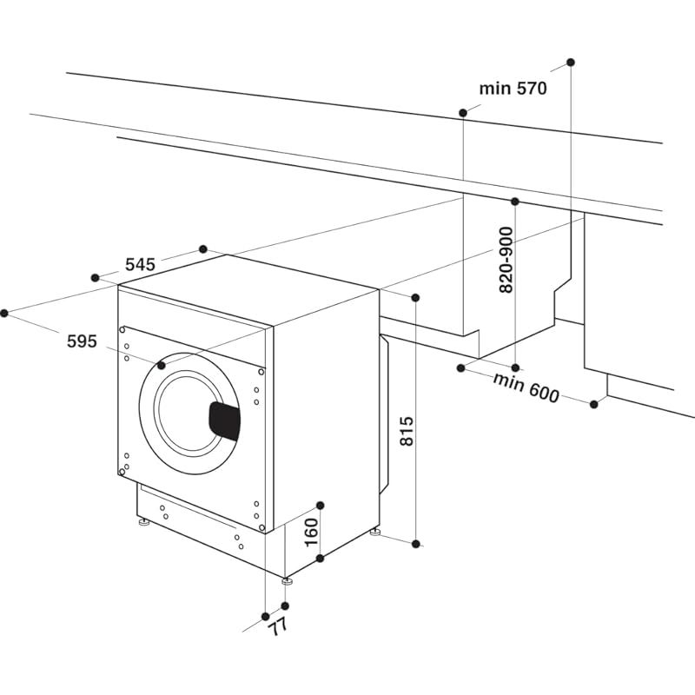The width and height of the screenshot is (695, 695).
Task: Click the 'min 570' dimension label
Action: [x=513, y=88]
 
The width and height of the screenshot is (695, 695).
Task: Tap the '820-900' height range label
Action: [x=506, y=260]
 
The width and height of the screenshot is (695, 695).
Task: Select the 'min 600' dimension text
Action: [x=526, y=388]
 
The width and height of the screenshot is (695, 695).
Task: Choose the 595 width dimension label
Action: [x=82, y=341]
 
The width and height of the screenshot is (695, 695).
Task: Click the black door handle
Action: [x=224, y=421]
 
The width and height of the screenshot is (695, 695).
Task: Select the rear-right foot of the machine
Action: [x=375, y=532]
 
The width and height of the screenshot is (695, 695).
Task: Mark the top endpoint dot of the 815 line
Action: [x=415, y=298]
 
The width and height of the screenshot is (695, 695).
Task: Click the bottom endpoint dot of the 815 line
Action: [x=416, y=544]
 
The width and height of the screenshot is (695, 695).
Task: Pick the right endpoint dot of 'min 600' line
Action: [x=595, y=404]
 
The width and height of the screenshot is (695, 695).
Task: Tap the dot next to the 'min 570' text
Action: [x=463, y=113]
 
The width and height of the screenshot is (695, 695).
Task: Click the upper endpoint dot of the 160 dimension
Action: [x=320, y=505]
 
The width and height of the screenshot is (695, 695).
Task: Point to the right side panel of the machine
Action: [x=326, y=408]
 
